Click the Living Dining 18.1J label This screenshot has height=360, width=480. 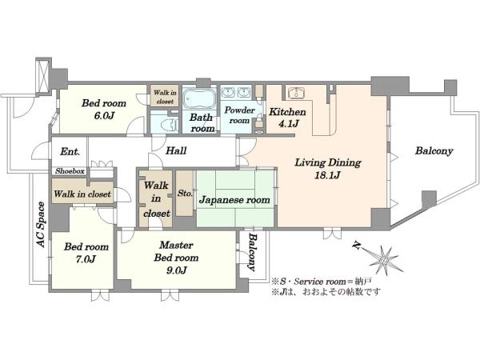click(327, 169)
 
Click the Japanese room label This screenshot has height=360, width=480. click(234, 199)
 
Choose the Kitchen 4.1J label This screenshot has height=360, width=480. click(284, 118)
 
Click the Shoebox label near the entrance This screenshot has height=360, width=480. click(70, 171)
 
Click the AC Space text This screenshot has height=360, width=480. click(40, 229)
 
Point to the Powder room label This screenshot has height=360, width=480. click(238, 114)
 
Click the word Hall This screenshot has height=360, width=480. click(176, 151)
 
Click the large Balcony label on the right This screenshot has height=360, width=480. click(434, 150)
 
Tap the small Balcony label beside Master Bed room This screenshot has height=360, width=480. click(253, 254)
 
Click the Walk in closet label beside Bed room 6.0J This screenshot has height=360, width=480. click(165, 98)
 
